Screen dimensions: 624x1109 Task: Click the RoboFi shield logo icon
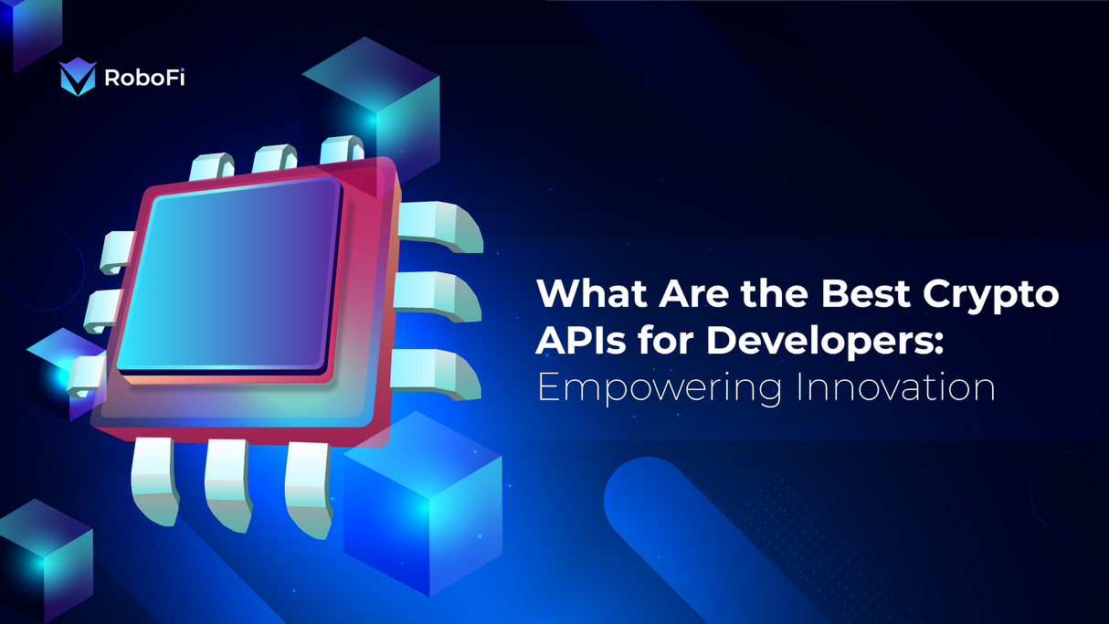click(77, 79)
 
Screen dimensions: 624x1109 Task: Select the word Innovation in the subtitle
click(895, 387)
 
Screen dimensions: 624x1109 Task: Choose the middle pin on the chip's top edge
click(275, 159)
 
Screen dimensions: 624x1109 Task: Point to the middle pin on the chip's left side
click(103, 311)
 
